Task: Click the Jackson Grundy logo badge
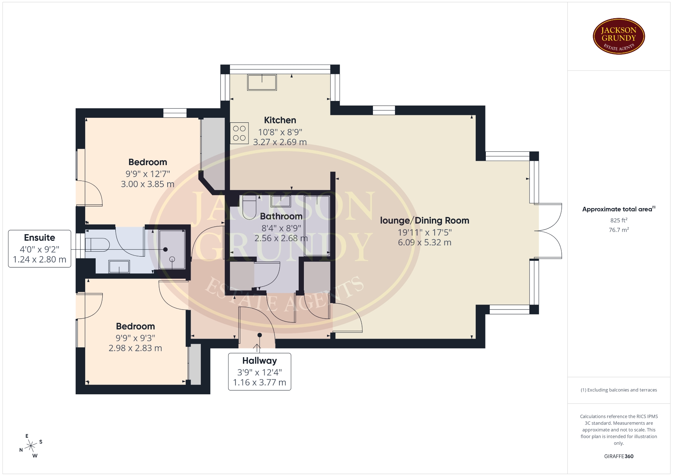[619, 36]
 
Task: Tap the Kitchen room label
[280, 120]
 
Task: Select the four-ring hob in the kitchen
[239, 133]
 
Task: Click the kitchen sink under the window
[262, 82]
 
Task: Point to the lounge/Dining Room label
[424, 220]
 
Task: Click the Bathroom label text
[281, 216]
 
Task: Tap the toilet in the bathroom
[249, 208]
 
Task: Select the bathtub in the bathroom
[317, 225]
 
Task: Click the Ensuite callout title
[40, 238]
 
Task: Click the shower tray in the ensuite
[172, 250]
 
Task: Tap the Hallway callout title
[260, 361]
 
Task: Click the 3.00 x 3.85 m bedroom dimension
[148, 184]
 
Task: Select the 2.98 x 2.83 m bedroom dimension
[135, 348]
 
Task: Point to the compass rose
[31, 446]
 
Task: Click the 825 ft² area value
[619, 220]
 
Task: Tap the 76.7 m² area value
[619, 230]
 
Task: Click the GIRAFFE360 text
[619, 456]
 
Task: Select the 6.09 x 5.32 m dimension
[424, 243]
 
